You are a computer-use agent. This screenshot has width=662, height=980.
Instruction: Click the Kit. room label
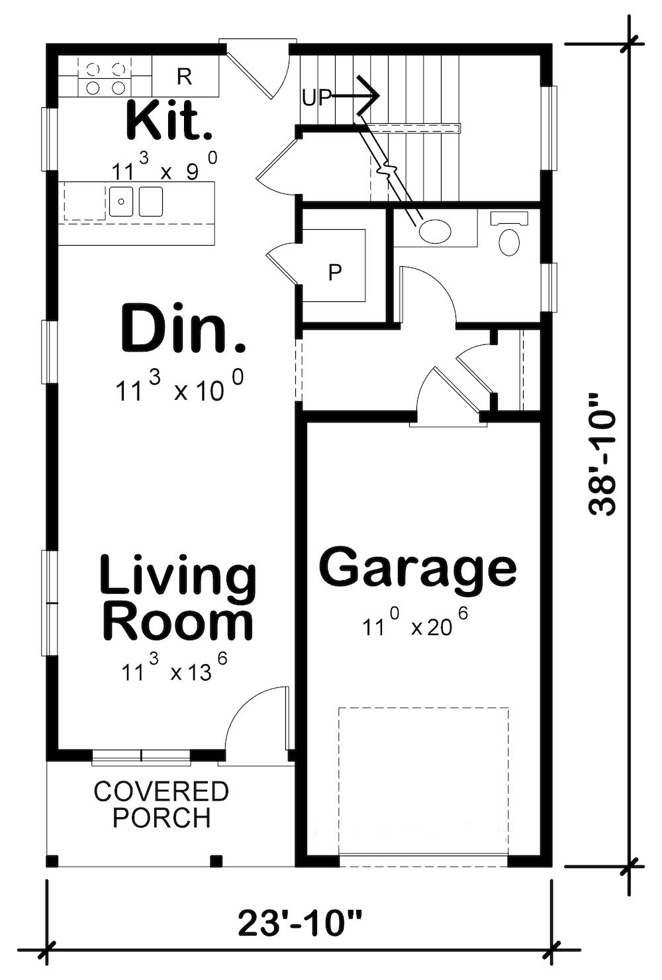click(x=169, y=121)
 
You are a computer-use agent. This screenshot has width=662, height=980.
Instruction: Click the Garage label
click(x=418, y=567)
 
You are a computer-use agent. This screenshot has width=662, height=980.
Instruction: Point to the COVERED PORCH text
click(x=161, y=805)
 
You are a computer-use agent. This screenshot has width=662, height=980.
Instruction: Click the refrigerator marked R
click(x=185, y=77)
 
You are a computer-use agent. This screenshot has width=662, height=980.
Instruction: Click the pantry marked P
click(x=335, y=271)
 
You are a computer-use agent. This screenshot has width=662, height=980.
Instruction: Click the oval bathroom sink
click(x=435, y=232)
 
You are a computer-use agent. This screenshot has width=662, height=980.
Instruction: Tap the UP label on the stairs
click(x=316, y=97)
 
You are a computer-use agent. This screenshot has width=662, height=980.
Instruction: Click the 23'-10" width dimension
click(x=300, y=923)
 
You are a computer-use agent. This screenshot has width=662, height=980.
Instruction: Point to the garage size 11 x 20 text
click(x=415, y=624)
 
